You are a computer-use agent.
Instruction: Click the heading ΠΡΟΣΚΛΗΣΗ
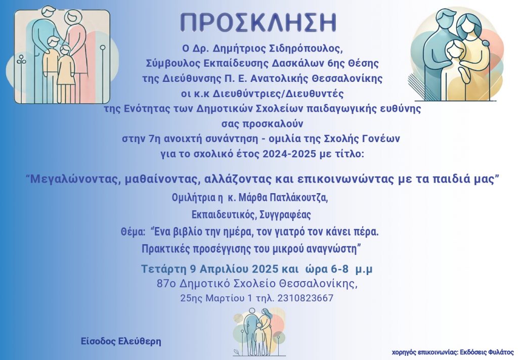[258, 22]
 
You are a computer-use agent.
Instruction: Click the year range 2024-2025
[289, 154]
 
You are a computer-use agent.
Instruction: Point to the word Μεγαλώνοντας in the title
[73, 179]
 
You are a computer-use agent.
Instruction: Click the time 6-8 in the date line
[339, 269]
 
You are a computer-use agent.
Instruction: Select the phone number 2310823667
[305, 298]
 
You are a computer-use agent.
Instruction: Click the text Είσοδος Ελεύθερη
[121, 341]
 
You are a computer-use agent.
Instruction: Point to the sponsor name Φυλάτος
[501, 352]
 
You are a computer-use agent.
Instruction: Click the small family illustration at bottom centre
[258, 332]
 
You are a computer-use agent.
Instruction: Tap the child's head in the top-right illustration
[454, 50]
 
